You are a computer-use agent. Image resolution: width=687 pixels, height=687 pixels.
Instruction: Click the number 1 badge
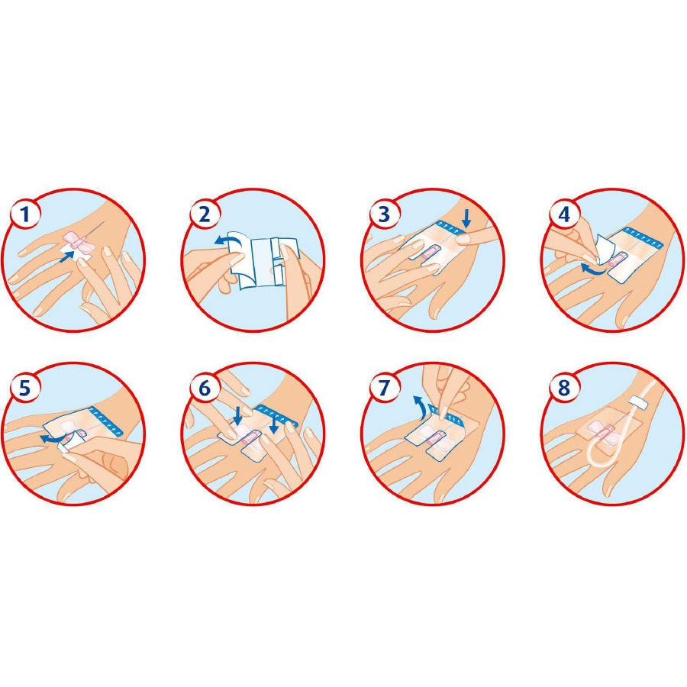click(x=25, y=214)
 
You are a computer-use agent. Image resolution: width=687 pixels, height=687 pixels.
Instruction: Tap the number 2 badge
click(x=205, y=214)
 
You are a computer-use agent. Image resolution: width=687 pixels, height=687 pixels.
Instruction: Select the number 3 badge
click(x=384, y=214)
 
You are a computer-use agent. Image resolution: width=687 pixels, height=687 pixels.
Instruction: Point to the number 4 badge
click(x=564, y=214)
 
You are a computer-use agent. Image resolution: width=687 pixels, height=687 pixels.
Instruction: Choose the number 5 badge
click(x=25, y=389)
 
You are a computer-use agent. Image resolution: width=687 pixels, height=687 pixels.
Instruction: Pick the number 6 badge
click(x=205, y=389)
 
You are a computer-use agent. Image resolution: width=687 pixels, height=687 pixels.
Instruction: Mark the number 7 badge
click(x=384, y=389)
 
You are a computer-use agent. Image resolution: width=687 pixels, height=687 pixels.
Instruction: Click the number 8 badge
click(x=564, y=389)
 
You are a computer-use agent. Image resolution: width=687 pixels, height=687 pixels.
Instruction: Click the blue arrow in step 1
click(x=66, y=256)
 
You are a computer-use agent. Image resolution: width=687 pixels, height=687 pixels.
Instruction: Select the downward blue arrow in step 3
click(x=467, y=218)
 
